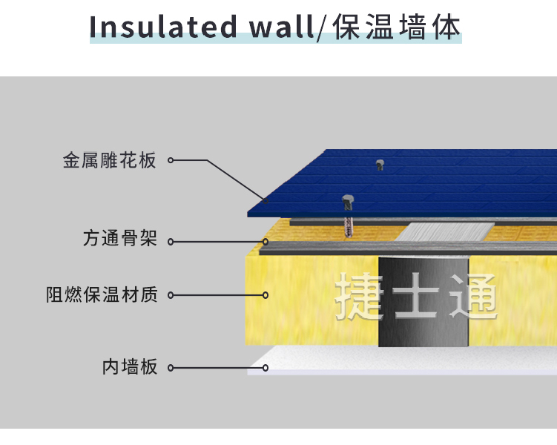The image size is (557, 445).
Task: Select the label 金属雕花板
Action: [110, 160]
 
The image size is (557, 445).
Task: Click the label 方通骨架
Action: [119, 240]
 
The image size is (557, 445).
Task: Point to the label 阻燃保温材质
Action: [102, 294]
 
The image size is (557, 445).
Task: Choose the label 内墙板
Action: [130, 366]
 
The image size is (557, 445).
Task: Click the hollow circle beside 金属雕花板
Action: [171, 160]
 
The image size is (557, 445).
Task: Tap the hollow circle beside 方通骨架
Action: [171, 241]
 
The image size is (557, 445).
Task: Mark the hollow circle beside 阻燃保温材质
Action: [171, 294]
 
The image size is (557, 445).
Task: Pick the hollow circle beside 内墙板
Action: [171, 366]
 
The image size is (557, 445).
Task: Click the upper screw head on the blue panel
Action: [380, 164]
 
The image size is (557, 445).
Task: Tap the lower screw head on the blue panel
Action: [346, 200]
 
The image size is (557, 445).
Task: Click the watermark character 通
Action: [473, 297]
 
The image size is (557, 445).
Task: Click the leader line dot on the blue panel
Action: [266, 199]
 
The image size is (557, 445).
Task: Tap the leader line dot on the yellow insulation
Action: [266, 294]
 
